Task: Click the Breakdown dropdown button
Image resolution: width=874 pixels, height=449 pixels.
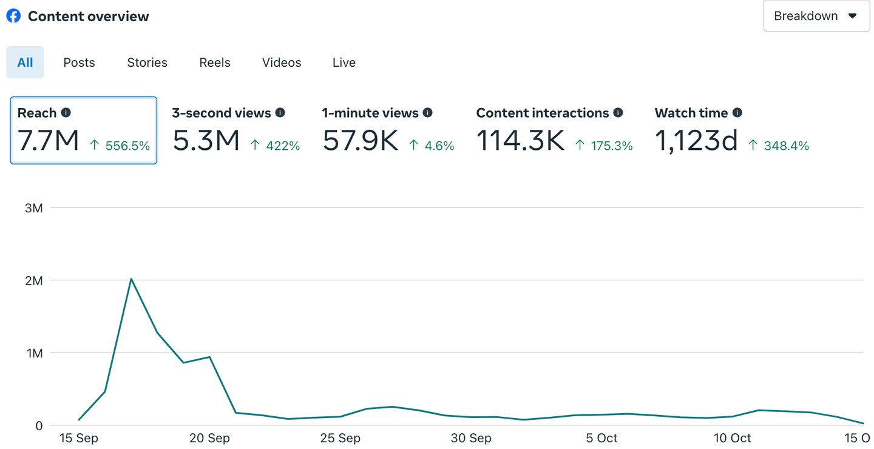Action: pos(816,16)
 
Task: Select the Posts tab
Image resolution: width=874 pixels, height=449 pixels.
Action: pos(79,62)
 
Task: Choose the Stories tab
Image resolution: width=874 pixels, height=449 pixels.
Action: pos(147,62)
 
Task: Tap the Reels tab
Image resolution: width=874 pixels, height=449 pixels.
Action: pos(215,62)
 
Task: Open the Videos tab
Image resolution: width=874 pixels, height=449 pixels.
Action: pos(282,62)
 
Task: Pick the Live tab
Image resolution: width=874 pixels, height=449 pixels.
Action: pos(344,62)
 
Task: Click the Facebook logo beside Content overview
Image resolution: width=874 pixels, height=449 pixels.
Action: pos(13,16)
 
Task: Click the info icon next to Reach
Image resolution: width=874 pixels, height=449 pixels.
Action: pos(66,113)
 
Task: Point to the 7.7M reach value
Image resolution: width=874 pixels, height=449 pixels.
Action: pos(49,141)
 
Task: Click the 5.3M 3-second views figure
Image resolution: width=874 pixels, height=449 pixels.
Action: pos(206,141)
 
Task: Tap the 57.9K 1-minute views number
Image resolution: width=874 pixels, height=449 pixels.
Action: pos(361,141)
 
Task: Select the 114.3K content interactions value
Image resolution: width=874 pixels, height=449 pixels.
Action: pos(521,141)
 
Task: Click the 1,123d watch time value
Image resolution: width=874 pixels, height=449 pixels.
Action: pos(696,141)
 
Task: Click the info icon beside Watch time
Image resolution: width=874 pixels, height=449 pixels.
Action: pos(737,113)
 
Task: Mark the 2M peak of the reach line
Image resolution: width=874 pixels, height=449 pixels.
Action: pos(131,279)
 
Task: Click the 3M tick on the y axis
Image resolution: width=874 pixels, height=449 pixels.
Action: pos(34,208)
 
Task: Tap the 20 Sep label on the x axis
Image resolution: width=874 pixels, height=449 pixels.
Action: pos(209,438)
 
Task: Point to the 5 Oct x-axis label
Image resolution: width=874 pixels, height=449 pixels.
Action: pos(602,438)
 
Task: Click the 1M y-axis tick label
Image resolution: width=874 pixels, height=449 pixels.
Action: pos(34,353)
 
